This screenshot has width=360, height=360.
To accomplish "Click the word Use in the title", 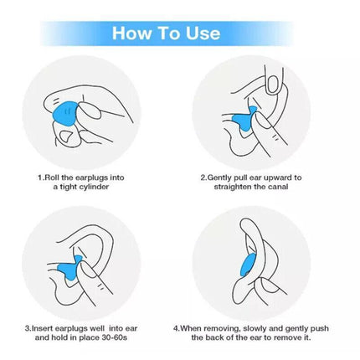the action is coord(203,33).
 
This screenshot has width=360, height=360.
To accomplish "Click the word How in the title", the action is coord(132,33).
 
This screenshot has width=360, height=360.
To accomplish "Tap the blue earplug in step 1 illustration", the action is coord(64,114).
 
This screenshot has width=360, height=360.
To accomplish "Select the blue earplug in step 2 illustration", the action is coord(245,119).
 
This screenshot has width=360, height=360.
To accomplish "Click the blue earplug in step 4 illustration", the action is coord(246,265).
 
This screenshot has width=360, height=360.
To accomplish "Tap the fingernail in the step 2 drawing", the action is coord(272,85).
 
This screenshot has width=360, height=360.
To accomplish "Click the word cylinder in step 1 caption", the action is coord(94,187).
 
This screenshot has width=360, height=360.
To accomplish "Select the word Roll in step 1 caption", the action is coord(51,177).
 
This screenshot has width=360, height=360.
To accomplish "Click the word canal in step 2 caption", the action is coord(278,187).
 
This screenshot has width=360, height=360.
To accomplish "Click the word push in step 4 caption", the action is coord(320,328).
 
